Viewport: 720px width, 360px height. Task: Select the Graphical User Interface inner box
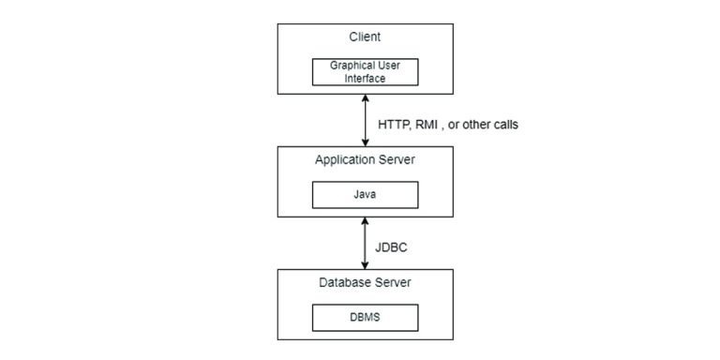364,72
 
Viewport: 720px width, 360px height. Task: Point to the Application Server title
364,160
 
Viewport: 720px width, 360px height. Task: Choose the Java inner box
364,194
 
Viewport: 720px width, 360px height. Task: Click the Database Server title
364,282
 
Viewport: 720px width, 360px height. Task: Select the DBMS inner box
364,317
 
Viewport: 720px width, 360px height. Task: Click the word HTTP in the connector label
394,124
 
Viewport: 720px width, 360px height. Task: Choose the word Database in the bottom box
346,282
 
